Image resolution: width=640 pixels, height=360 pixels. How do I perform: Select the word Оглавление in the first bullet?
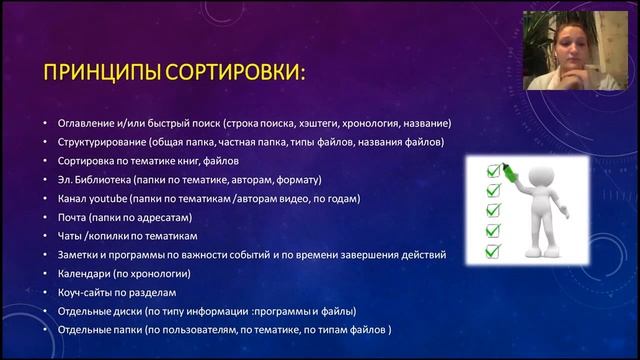[x=92, y=124]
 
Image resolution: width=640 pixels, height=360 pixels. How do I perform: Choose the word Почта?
[x=74, y=217]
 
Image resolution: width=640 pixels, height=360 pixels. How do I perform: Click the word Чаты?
[x=72, y=236]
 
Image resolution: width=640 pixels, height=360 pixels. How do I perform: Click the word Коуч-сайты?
[x=90, y=292]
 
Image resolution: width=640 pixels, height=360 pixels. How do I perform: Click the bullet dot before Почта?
[x=46, y=218]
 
